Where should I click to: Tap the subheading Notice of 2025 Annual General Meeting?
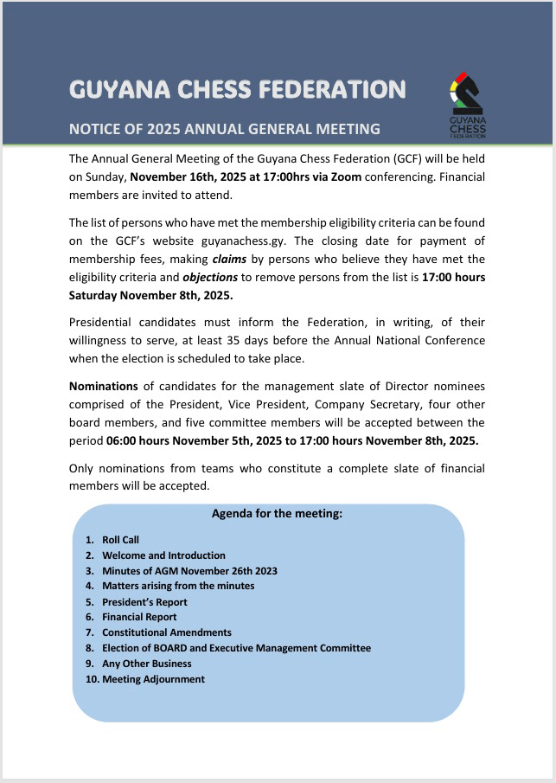point(224,129)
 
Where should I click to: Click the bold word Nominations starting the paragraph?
point(103,387)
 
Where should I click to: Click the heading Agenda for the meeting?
point(277,513)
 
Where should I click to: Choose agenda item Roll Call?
point(120,540)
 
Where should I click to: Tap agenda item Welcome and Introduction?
point(163,555)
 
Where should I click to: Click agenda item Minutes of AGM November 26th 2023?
point(189,571)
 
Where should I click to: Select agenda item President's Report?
point(144,602)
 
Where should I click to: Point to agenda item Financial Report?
point(139,617)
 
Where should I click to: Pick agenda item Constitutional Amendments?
point(167,632)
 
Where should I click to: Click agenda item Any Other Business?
point(147,664)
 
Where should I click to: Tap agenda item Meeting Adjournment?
point(153,679)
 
